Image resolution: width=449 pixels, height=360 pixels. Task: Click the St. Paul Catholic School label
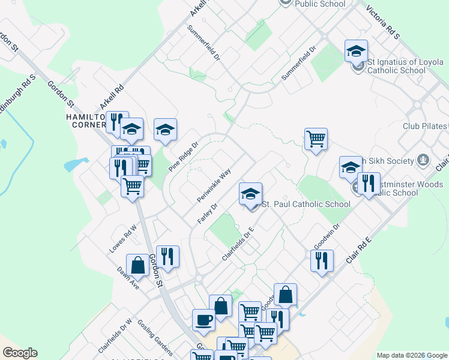[306, 205]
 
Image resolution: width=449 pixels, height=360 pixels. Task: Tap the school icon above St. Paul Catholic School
[251, 194]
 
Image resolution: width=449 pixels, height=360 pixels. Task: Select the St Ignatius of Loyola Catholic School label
[397, 66]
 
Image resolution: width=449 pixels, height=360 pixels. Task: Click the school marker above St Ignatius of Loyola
[356, 51]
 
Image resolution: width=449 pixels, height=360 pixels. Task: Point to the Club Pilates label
[424, 127]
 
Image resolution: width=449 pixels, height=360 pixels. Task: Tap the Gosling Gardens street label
[155, 337]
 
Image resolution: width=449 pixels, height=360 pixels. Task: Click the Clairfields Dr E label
[238, 244]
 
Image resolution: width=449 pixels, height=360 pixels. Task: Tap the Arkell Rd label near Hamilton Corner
[112, 97]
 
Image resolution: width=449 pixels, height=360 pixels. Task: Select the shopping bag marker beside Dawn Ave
[138, 265]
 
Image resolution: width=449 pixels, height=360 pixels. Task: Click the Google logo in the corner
[20, 353]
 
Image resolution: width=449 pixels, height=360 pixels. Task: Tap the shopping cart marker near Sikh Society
[315, 140]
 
